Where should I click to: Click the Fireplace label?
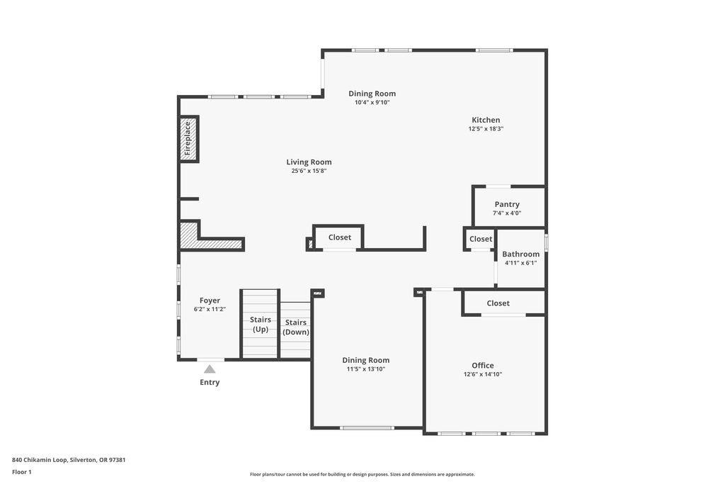point(187,138)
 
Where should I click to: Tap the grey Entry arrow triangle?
point(210,368)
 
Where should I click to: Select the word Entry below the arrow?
point(210,382)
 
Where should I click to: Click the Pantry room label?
point(507,205)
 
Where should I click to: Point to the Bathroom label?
point(520,254)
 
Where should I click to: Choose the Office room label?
point(483,366)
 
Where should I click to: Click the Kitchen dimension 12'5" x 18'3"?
point(486,129)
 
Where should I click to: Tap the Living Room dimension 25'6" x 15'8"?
point(309,171)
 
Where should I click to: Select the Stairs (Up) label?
point(261,325)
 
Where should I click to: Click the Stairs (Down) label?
point(296,327)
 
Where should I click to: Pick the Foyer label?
point(210,300)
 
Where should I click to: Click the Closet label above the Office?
point(498,303)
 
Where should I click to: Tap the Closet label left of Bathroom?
point(481,240)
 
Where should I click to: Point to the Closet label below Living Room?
point(340,237)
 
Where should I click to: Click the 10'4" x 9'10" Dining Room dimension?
point(372,102)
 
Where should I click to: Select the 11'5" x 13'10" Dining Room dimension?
point(366,369)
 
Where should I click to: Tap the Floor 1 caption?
point(22,472)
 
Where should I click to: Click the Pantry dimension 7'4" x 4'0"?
point(507,213)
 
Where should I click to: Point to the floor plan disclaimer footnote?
point(362,474)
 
